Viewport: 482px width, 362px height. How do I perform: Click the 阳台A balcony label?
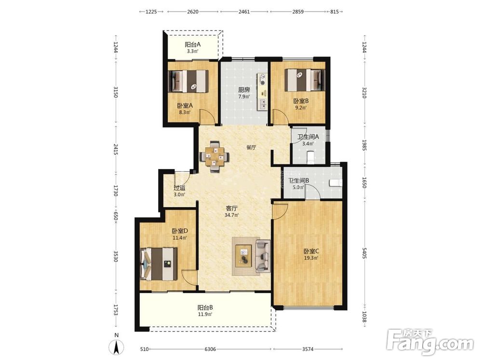pos(193,44)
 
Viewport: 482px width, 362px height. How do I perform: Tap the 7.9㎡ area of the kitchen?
pos(244,97)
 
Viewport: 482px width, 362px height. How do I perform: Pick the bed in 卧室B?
pos(305,80)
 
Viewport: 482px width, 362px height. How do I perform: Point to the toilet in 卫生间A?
pos(310,157)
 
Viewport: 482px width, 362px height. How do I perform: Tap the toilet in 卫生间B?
pos(335,183)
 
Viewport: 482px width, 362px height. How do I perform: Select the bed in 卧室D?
pos(159,264)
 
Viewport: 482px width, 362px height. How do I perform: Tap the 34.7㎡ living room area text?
pos(231,215)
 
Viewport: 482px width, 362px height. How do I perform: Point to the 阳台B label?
pos(205,307)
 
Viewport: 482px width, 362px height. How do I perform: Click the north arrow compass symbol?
pos(117,348)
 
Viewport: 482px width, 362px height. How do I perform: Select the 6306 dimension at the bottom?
pos(210,349)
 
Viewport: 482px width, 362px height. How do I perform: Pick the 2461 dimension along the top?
pos(244,12)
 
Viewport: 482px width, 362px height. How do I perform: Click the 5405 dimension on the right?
pos(364,253)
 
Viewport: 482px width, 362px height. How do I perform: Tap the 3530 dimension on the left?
pos(116,256)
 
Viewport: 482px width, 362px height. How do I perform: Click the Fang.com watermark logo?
pos(430,342)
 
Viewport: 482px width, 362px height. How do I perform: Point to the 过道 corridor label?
pos(179,188)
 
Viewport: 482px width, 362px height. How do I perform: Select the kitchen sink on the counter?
pos(263,104)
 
